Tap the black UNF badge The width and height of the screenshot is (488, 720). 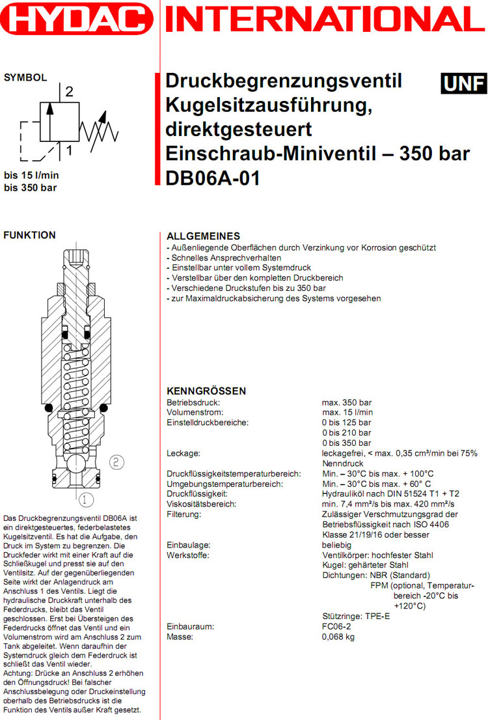pyautogui.click(x=463, y=83)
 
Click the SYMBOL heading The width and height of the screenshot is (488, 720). pyautogui.click(x=25, y=77)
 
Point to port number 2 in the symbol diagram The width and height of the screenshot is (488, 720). pyautogui.click(x=68, y=92)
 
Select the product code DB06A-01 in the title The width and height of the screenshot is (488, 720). pyautogui.click(x=213, y=178)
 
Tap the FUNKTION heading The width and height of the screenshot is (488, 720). pyautogui.click(x=30, y=235)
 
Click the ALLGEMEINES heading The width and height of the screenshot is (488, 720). pyautogui.click(x=204, y=236)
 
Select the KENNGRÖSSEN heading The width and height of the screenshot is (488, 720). pyautogui.click(x=206, y=391)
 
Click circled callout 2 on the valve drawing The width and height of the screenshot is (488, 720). pyautogui.click(x=115, y=462)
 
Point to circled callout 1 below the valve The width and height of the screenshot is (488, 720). pyautogui.click(x=87, y=500)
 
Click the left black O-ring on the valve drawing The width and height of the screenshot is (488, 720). pyautogui.click(x=48, y=409)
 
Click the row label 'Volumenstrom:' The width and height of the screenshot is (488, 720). pyautogui.click(x=195, y=412)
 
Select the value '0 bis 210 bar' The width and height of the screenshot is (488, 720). pyautogui.click(x=347, y=432)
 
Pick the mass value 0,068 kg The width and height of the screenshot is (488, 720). pyautogui.click(x=338, y=637)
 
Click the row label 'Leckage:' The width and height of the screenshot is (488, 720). pyautogui.click(x=183, y=452)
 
